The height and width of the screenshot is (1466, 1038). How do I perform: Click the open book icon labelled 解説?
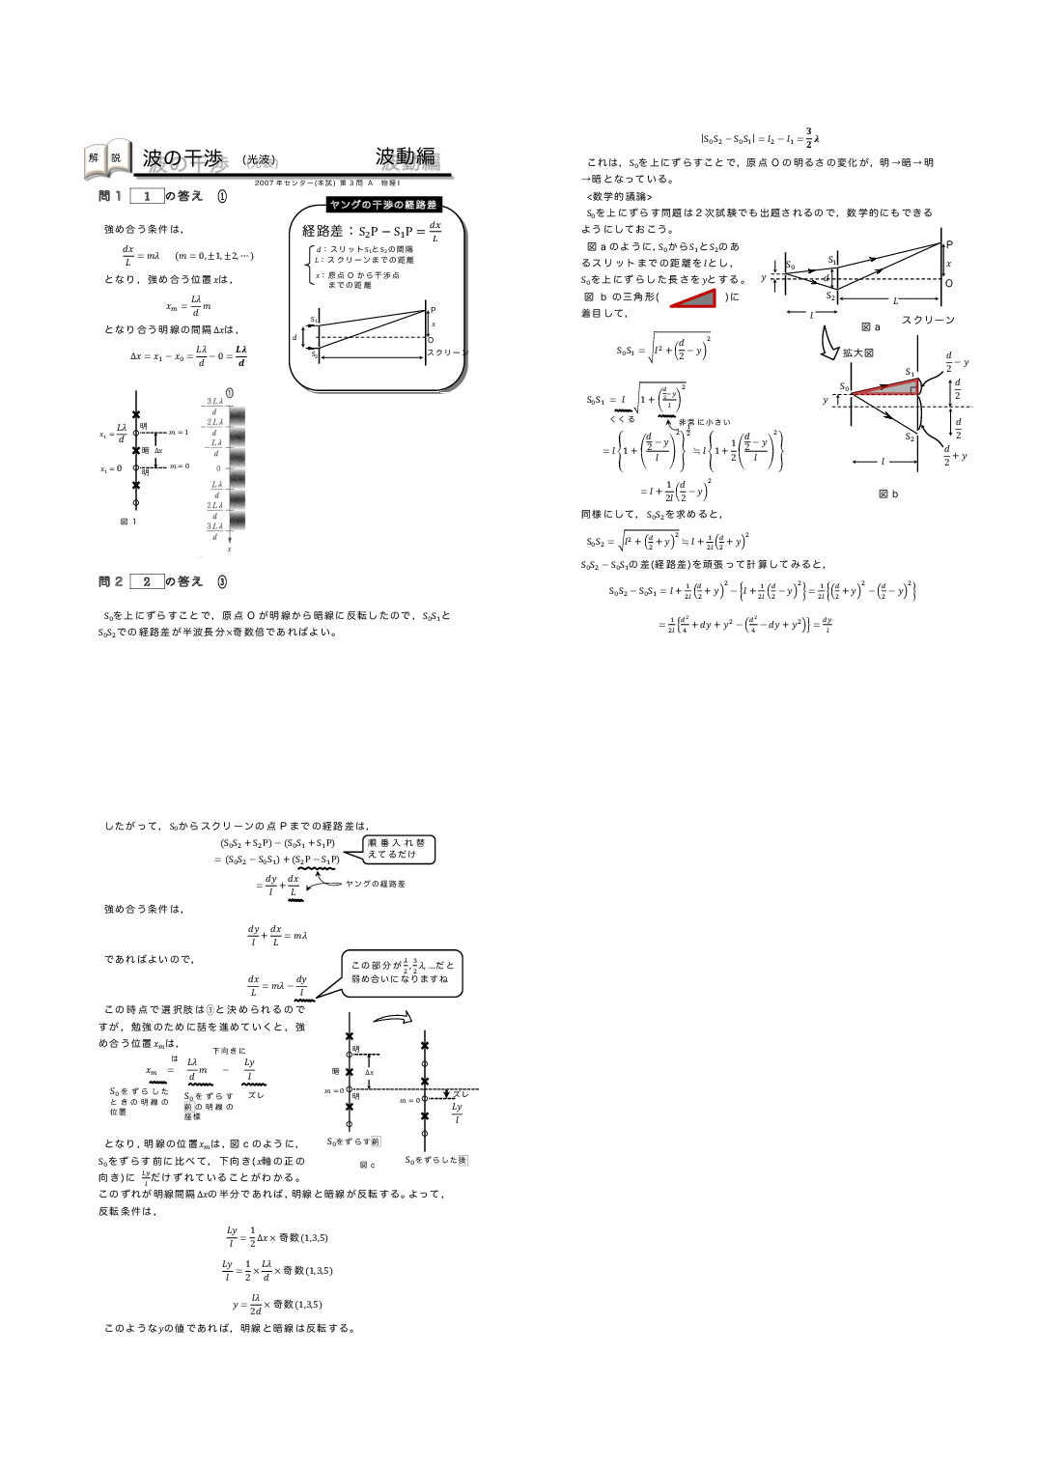(107, 159)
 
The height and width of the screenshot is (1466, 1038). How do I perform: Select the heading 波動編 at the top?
(407, 157)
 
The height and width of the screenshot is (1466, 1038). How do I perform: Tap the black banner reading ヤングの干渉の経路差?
(383, 205)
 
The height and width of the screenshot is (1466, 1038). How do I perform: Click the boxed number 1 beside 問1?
(147, 196)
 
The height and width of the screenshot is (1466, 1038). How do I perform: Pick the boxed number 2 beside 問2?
(147, 581)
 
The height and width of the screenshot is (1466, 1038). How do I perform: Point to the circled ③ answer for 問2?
(222, 581)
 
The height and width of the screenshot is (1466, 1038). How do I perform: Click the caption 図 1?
(128, 522)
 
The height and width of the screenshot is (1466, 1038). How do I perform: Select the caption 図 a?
(870, 327)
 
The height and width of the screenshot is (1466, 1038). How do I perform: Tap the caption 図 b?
(888, 493)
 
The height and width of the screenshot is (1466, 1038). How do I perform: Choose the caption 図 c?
(367, 1165)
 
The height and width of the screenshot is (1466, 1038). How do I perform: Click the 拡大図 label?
(857, 352)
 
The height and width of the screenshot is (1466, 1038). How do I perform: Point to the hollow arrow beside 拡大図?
(828, 343)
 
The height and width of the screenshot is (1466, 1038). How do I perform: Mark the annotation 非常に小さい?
(705, 422)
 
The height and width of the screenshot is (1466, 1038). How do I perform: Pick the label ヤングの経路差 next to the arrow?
(375, 884)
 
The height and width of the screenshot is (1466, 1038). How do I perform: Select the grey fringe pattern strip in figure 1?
(237, 468)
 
